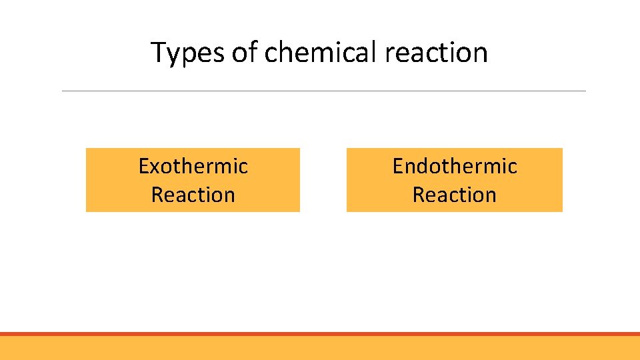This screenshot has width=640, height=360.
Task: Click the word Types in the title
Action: click(188, 52)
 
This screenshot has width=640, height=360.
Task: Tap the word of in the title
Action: click(244, 52)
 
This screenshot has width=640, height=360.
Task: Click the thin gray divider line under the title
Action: click(324, 91)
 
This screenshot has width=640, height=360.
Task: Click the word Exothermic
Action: click(193, 166)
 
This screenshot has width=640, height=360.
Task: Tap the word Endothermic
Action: click(455, 166)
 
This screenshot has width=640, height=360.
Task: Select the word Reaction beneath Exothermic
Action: click(193, 195)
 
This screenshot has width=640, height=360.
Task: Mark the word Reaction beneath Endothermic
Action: click(455, 195)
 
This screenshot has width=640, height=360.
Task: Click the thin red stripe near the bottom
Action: click(320, 334)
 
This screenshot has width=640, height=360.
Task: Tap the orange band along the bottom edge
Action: click(320, 348)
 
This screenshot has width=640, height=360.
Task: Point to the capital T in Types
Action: click(158, 52)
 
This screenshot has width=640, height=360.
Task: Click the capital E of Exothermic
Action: click(143, 166)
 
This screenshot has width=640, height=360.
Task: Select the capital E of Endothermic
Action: click(397, 166)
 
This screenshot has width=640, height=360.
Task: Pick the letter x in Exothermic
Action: click(154, 167)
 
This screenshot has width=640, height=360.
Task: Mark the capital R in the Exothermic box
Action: click(157, 195)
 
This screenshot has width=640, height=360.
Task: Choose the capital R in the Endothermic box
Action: click(419, 195)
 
